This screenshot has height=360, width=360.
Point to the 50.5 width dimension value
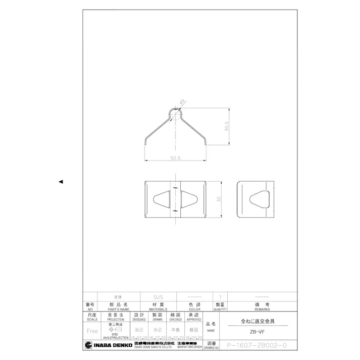coord(175,159)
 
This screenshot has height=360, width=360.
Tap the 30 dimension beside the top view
coord(219,199)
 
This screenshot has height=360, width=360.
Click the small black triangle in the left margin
coord(61,181)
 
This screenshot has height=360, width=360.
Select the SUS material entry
coord(158,297)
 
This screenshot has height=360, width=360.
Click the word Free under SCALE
coord(92,331)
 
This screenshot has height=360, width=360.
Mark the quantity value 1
coord(220,297)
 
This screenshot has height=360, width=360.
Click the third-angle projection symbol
coord(112,328)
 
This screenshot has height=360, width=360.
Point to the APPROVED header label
coord(194,320)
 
